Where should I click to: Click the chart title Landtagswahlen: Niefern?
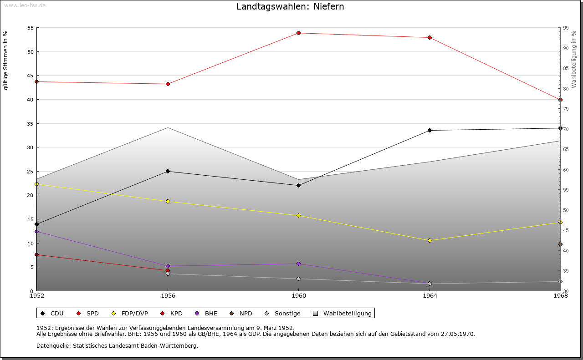coord(290,6)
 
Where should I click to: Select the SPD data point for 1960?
coord(299,33)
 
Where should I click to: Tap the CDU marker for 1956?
coord(168,171)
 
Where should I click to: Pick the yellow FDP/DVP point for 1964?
coord(430,240)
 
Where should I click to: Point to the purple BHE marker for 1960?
coord(299,264)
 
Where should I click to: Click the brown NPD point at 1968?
coord(560,244)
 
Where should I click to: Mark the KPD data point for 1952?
coord(37,254)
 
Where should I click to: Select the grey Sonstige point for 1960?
coord(299,279)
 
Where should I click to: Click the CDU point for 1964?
coord(430,130)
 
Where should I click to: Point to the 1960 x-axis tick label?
coord(299,295)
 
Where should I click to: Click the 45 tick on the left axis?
coord(31,76)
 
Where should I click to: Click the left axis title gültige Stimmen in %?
coord(6,60)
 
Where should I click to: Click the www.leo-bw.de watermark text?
coord(24,5)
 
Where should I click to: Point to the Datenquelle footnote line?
coord(117,345)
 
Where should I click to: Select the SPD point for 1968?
coord(560,100)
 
